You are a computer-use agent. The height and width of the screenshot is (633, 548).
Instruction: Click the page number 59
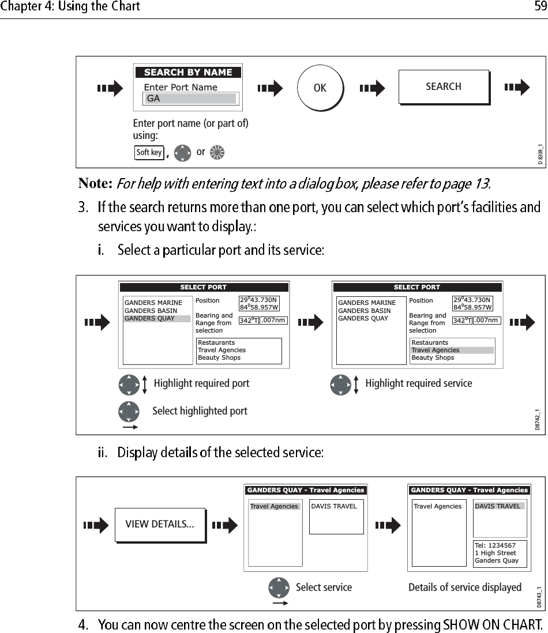click(540, 7)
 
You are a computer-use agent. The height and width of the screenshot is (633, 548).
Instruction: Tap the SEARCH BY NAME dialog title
click(188, 73)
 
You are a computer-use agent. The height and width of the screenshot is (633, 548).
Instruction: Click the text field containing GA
click(190, 99)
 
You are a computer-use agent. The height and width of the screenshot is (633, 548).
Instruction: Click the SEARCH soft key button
click(443, 86)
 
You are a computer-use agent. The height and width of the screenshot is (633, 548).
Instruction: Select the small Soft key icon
click(149, 153)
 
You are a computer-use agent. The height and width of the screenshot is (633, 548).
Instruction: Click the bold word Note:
click(95, 184)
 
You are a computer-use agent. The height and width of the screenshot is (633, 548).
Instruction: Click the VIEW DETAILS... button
click(160, 525)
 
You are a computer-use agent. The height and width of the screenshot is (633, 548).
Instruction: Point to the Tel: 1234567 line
click(495, 545)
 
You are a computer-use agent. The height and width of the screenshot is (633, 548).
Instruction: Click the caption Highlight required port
click(201, 383)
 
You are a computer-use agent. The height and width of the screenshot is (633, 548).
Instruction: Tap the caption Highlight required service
click(418, 383)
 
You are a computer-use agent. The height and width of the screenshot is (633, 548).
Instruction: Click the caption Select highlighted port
click(200, 411)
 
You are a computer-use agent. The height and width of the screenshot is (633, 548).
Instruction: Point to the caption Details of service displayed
click(464, 587)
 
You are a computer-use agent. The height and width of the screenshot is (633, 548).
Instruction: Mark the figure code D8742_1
click(538, 419)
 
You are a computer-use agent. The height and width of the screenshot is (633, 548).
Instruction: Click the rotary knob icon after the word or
click(217, 153)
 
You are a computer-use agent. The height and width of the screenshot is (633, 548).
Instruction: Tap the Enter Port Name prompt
click(181, 88)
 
